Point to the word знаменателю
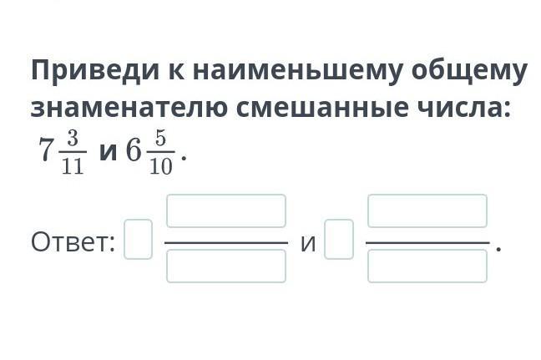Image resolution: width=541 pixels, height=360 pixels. [x=129, y=108]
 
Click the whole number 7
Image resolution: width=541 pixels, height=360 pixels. [x=46, y=150]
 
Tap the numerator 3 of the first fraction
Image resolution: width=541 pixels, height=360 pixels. [x=73, y=139]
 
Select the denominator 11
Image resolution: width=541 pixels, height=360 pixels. [x=73, y=166]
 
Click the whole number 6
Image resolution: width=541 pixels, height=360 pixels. [x=134, y=150]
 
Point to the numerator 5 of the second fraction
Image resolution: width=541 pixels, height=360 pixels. [x=161, y=139]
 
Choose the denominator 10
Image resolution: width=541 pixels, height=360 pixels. [x=161, y=166]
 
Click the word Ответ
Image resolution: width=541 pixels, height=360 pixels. [x=73, y=242]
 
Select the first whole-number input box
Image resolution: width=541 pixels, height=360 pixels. [x=138, y=239]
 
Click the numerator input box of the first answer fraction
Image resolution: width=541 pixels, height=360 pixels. [x=226, y=210]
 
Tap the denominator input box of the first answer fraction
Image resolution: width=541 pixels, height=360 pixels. [x=226, y=266]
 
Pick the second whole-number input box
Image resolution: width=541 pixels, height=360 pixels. [x=339, y=239]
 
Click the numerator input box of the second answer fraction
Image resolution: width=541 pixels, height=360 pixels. [x=427, y=210]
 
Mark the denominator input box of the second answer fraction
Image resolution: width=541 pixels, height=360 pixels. [x=427, y=266]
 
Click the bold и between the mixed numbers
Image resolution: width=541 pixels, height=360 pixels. [x=108, y=152]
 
